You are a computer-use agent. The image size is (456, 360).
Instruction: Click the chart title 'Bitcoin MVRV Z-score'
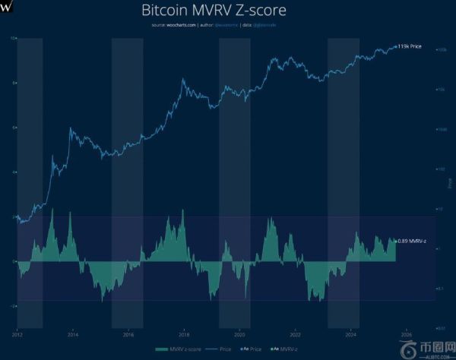[227, 11]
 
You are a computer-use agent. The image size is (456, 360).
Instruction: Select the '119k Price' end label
[410, 47]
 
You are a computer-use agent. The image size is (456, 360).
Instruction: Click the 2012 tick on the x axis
[17, 333]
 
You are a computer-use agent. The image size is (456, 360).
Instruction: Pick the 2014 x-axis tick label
[72, 333]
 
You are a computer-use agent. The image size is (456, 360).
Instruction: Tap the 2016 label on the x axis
[128, 333]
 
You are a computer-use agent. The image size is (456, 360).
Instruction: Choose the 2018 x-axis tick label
[184, 333]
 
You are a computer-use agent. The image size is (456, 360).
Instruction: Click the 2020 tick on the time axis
[239, 333]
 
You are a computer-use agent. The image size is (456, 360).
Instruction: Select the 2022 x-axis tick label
[296, 333]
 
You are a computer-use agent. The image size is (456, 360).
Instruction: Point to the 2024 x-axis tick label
[351, 333]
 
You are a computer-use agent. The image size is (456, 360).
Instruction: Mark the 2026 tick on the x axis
[407, 333]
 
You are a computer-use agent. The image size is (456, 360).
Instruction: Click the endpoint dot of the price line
[396, 47]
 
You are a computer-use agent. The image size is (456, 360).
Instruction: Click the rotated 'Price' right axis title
[450, 183]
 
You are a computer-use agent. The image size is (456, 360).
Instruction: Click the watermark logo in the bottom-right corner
[410, 349]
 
